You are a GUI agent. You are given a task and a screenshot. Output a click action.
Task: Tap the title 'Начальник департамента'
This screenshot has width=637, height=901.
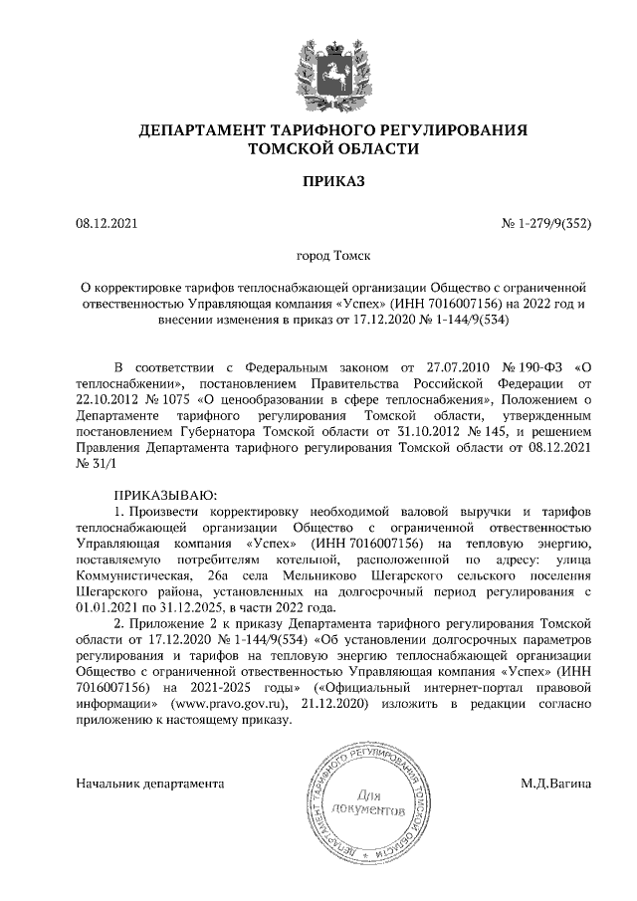click(x=149, y=785)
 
